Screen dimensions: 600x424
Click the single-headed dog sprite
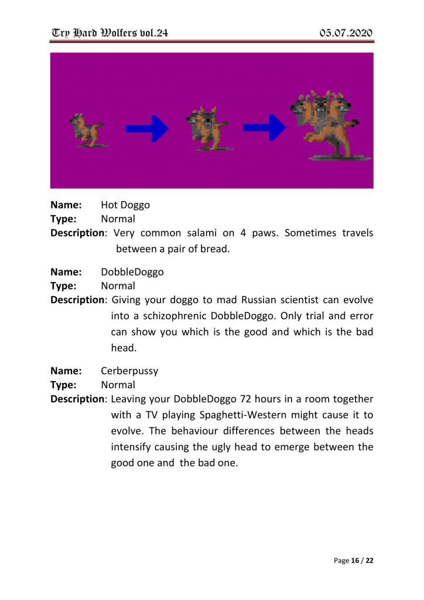pos(86,129)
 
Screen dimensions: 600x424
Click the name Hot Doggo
pos(125,205)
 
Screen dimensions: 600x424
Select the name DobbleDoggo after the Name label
pos(132,272)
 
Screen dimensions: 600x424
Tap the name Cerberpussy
pos(129,371)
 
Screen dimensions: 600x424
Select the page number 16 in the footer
pos(355,561)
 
